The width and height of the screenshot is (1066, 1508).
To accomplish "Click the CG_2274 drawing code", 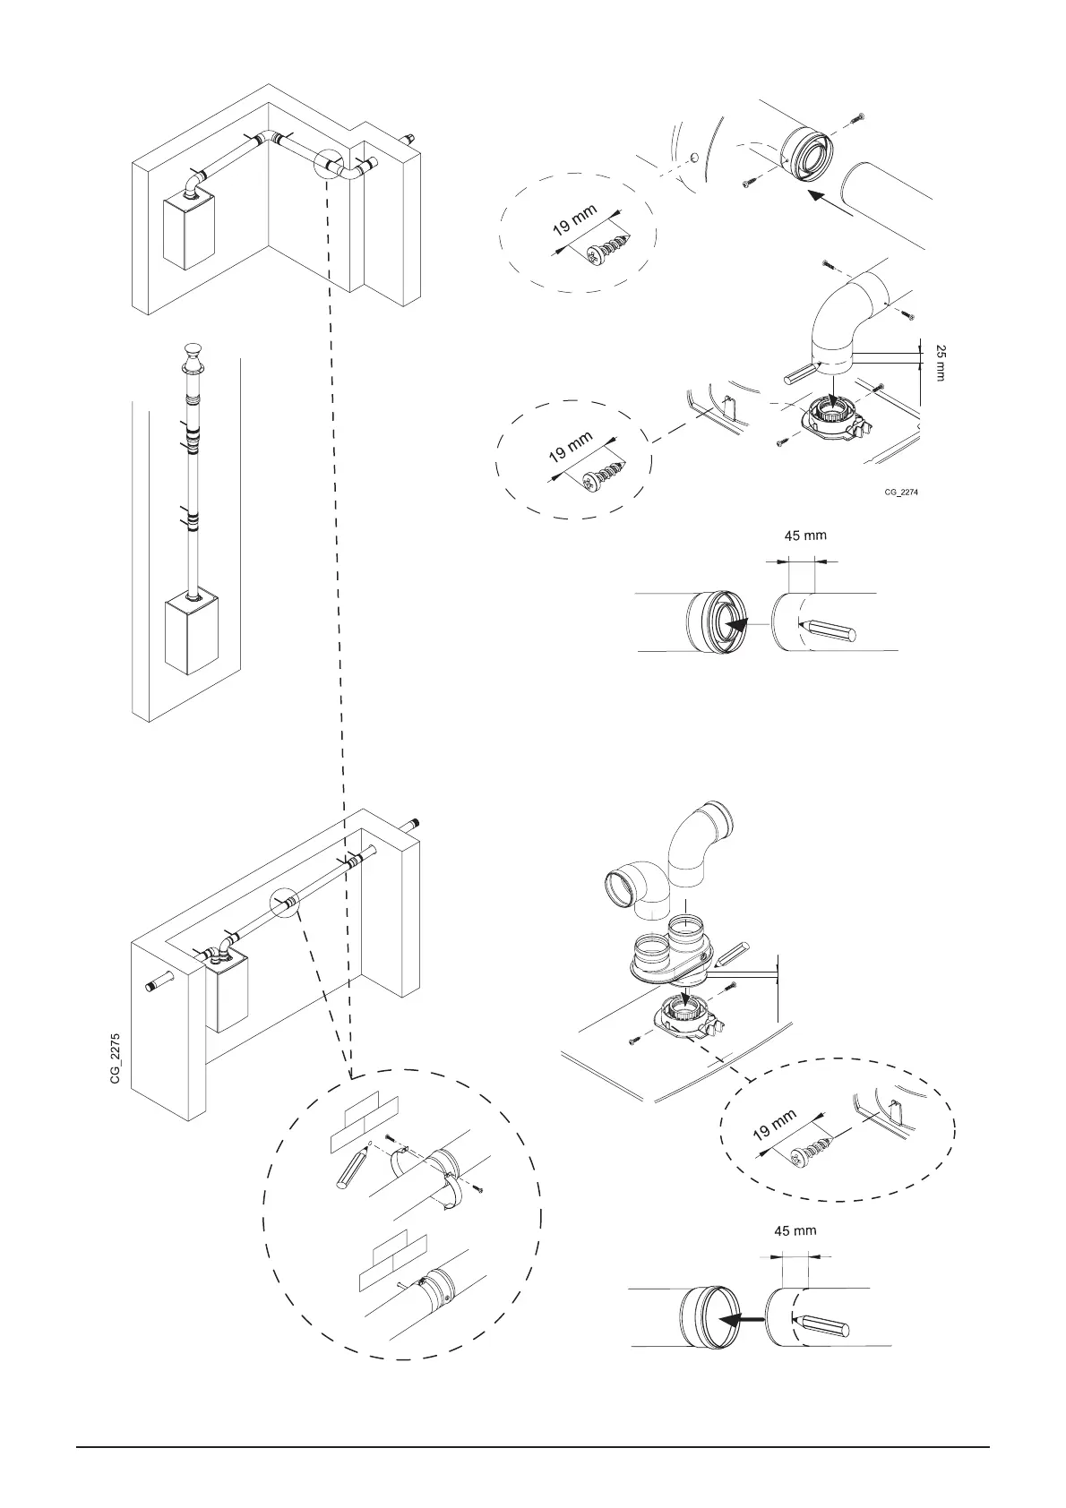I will click(902, 492).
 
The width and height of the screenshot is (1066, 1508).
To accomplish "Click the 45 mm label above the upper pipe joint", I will click(805, 536).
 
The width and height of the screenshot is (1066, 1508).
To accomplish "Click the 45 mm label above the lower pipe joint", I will click(795, 1230).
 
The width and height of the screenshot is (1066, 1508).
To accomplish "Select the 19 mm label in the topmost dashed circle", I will click(574, 219).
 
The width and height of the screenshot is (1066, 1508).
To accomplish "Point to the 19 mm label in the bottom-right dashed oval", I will click(774, 1125).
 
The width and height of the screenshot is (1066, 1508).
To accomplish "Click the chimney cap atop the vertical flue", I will click(193, 356).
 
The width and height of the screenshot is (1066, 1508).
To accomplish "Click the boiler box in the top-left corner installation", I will click(189, 231).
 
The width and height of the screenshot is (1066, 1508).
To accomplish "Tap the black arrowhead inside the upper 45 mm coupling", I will click(736, 622).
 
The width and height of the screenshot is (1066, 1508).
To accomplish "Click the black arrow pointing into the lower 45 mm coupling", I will click(743, 1319).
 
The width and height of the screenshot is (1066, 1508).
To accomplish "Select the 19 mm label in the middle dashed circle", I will click(571, 446).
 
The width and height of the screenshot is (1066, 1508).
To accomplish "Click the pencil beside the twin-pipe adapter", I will click(732, 955).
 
